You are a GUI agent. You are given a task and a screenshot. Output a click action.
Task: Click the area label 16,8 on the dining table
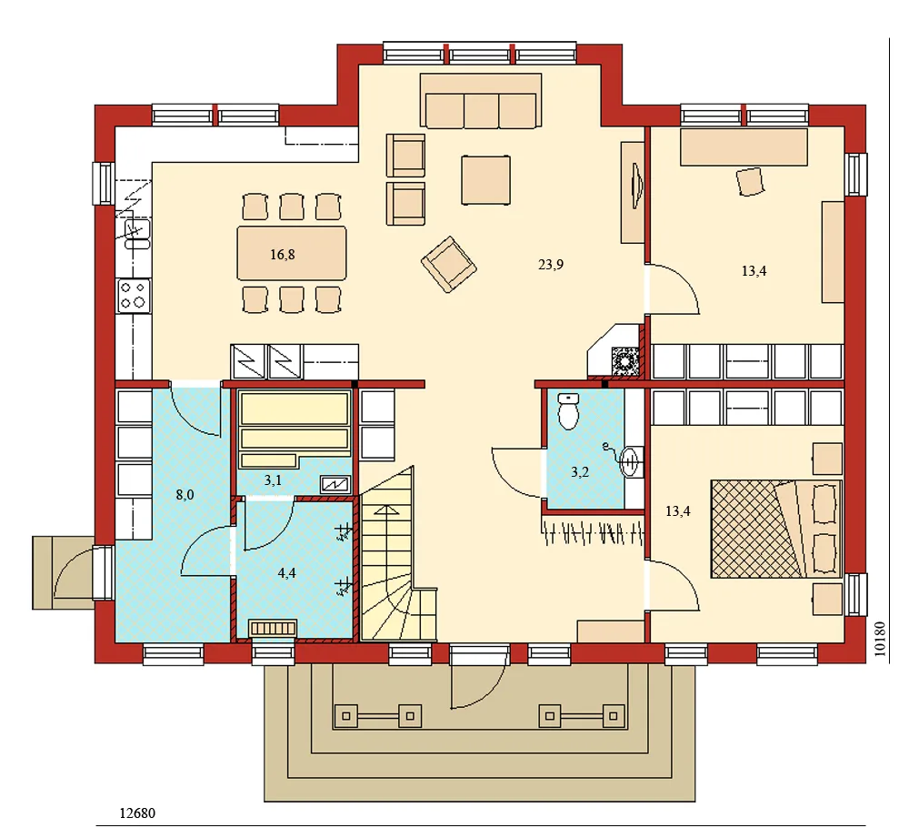click(283, 255)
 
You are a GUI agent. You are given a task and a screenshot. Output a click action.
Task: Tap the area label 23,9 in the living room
click(552, 265)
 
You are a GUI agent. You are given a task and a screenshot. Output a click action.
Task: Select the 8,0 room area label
click(185, 495)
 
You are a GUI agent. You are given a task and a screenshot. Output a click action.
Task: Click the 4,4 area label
click(286, 572)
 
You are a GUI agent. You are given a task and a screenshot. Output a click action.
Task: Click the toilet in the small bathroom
click(569, 411)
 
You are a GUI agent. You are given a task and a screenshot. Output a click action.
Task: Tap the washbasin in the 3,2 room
click(631, 461)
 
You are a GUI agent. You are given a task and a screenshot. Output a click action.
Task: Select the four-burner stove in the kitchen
click(134, 295)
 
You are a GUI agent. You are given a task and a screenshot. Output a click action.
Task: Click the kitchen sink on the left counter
click(134, 234)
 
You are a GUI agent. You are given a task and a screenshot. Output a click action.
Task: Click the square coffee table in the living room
click(486, 179)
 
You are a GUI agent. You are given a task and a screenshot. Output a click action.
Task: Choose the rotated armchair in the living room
click(448, 264)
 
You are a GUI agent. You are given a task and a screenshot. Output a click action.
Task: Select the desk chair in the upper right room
click(751, 181)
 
